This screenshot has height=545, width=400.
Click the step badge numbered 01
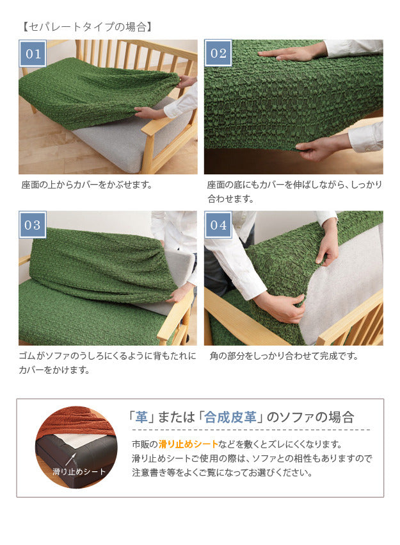33,54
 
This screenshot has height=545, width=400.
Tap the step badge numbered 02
218,54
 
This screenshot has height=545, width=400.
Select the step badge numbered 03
33,225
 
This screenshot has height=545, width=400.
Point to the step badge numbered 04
218,225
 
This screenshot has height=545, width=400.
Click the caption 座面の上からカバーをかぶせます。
87,185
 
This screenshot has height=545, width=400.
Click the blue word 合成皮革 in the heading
230,417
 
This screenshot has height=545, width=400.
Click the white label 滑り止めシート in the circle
79,472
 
